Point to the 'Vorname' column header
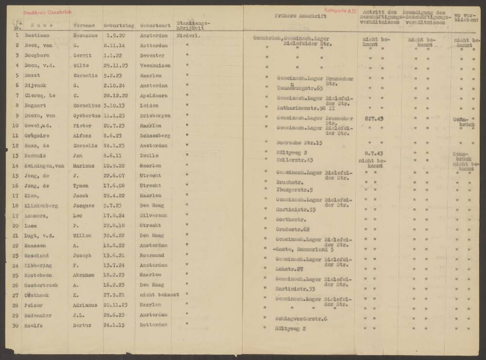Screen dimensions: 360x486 click(x=84, y=25)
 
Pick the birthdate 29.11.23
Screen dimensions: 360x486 click(x=115, y=66)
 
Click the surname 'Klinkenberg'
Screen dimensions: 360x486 click(x=41, y=206)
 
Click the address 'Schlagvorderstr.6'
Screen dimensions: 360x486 click(x=301, y=318)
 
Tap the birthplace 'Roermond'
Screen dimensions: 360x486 click(x=152, y=256)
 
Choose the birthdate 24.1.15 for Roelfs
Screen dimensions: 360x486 click(x=113, y=325)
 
